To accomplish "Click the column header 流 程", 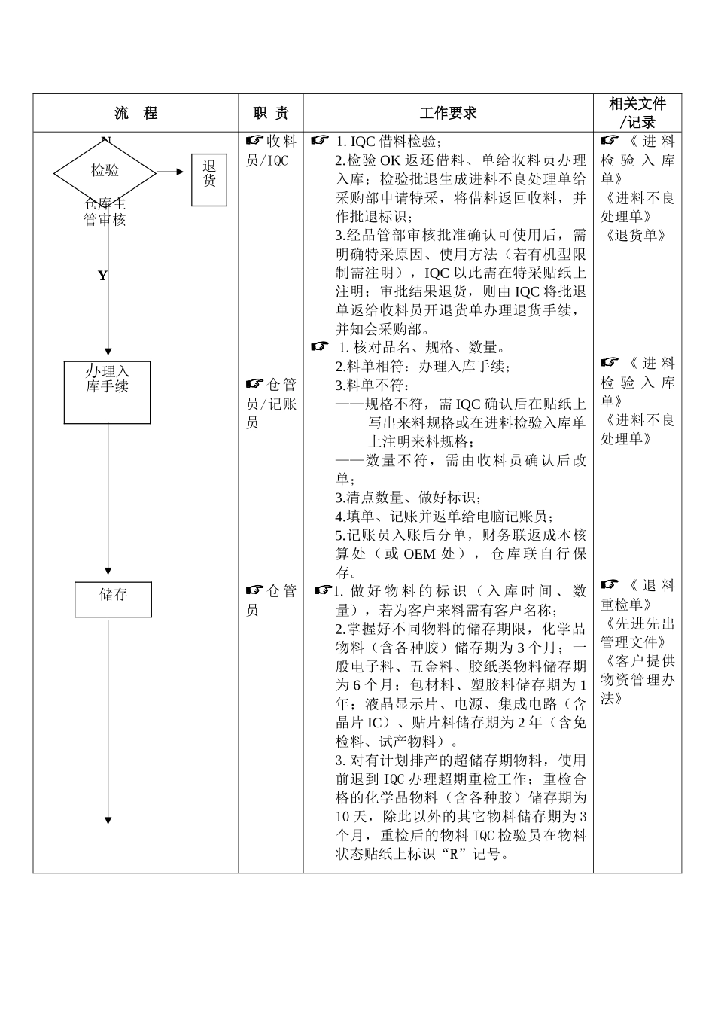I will (x=135, y=114).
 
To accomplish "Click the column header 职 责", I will (x=271, y=114).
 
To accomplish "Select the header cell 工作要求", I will (x=448, y=114).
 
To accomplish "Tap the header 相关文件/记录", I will (x=637, y=113).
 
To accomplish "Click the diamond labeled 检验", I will (x=105, y=172).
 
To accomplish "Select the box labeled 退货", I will (x=208, y=179).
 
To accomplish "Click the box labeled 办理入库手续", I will (x=107, y=392).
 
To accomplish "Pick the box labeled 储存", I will (x=113, y=599).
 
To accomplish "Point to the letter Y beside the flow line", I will (x=102, y=276).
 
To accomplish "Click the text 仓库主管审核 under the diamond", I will (x=105, y=212).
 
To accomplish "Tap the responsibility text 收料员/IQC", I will (x=271, y=151).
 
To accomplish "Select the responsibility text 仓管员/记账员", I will (x=271, y=404).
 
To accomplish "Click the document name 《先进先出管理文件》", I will (x=637, y=633).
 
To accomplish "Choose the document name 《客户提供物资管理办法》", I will (x=637, y=680).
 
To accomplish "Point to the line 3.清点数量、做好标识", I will (x=409, y=498).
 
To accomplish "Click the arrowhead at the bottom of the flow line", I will (x=108, y=820).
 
